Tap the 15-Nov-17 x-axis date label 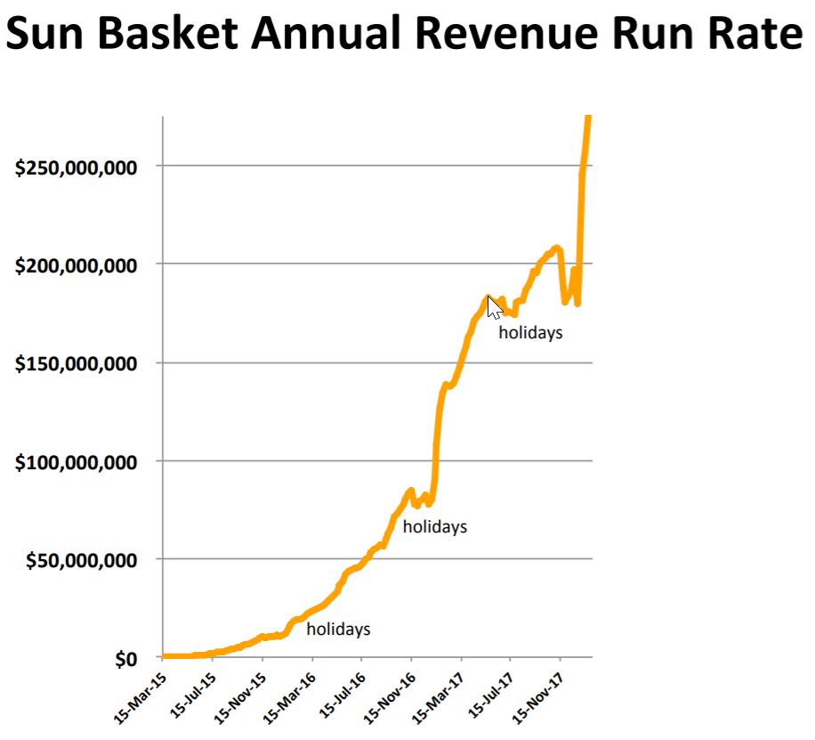tap(536, 692)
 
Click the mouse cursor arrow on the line tap(495, 307)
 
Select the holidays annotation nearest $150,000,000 tap(530, 334)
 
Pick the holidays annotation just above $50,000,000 tap(434, 526)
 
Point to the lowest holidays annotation tap(338, 630)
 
